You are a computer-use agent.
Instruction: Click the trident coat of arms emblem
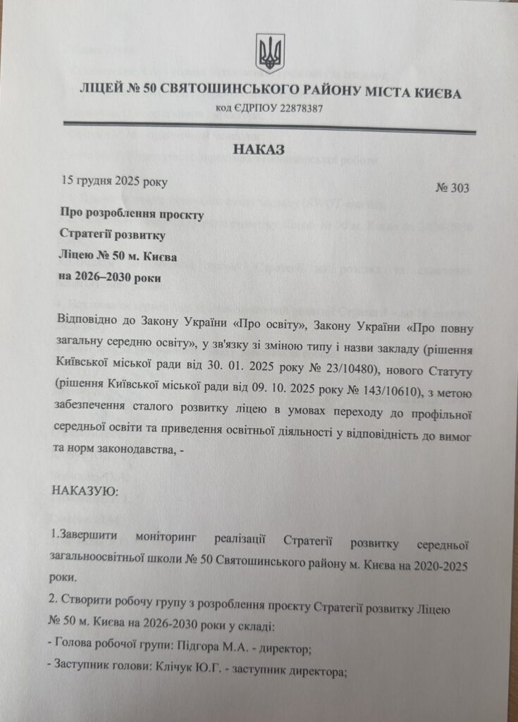[270, 53]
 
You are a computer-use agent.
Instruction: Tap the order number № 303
[454, 188]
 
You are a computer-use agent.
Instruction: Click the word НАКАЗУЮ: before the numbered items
[81, 490]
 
